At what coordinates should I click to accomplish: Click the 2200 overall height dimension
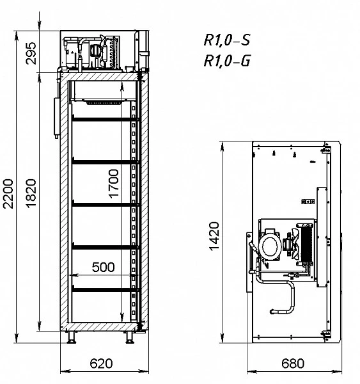[x=8, y=194]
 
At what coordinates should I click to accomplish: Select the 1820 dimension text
[x=31, y=194]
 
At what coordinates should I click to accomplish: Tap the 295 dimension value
[x=31, y=53]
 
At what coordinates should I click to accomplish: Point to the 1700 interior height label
[x=113, y=184]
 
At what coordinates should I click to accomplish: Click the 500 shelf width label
[x=104, y=267]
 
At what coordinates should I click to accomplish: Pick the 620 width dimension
[x=101, y=364]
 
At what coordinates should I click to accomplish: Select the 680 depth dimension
[x=293, y=364]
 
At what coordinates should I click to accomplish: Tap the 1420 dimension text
[x=214, y=236]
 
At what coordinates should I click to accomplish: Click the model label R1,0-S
[x=227, y=40]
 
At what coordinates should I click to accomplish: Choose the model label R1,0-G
[x=227, y=61]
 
